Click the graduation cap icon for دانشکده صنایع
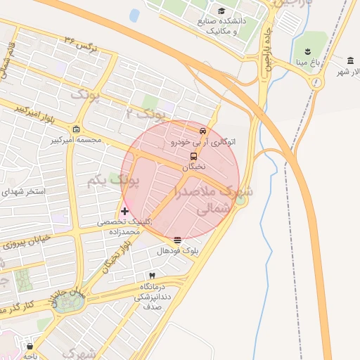click(222, 11)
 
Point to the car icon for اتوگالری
click(203, 131)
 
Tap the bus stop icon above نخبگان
click(193, 156)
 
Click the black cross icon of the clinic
click(125, 211)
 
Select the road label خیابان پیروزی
click(28, 241)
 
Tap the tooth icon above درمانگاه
click(152, 276)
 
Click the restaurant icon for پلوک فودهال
click(176, 240)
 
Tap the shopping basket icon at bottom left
click(30, 346)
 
